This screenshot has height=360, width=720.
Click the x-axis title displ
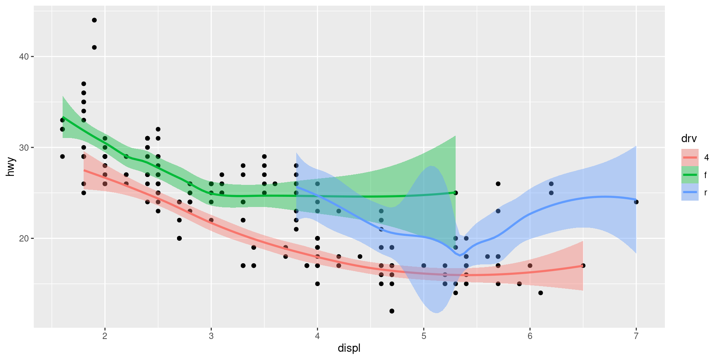pyautogui.click(x=349, y=348)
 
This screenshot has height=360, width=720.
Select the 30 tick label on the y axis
pyautogui.click(x=24, y=147)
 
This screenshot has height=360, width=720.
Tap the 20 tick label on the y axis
pyautogui.click(x=24, y=238)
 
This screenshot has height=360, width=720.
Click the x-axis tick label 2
pyautogui.click(x=105, y=336)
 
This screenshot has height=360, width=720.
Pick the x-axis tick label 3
pyautogui.click(x=211, y=336)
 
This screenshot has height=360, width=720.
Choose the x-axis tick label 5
pyautogui.click(x=424, y=336)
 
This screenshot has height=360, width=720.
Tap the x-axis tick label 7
pyautogui.click(x=636, y=336)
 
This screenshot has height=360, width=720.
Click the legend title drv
pyautogui.click(x=689, y=139)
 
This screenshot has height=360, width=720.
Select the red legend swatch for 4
pyautogui.click(x=690, y=157)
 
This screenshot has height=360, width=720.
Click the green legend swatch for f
pyautogui.click(x=690, y=175)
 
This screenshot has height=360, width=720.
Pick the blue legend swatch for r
pyautogui.click(x=690, y=192)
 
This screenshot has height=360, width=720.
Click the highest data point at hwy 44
pyautogui.click(x=94, y=20)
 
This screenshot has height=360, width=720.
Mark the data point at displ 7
pyautogui.click(x=636, y=202)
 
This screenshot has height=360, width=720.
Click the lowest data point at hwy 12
pyautogui.click(x=392, y=311)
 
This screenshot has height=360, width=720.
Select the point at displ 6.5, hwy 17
pyautogui.click(x=583, y=265)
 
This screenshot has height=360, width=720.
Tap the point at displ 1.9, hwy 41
pyautogui.click(x=94, y=47)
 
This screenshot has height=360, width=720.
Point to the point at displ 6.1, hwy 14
pyautogui.click(x=540, y=293)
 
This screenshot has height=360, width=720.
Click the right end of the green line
pyautogui.click(x=455, y=193)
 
